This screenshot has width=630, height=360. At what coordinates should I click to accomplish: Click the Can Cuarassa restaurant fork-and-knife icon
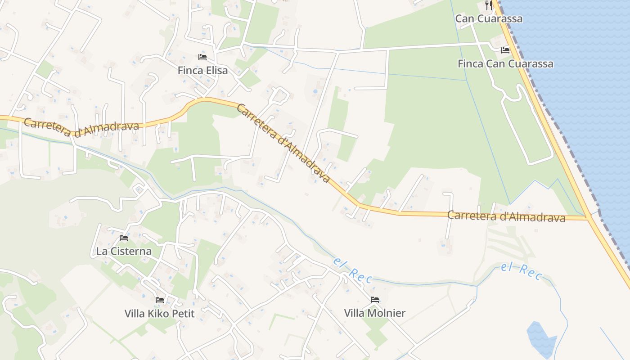click(x=489, y=5)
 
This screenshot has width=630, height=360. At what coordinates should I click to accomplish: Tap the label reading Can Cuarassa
click(x=489, y=18)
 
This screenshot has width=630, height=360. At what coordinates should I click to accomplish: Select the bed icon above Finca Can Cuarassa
click(x=505, y=50)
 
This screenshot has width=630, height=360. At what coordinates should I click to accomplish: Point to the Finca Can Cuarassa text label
click(x=505, y=64)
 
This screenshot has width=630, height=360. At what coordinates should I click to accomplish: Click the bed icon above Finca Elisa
click(x=202, y=57)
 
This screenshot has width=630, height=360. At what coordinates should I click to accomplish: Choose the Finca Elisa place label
click(x=202, y=71)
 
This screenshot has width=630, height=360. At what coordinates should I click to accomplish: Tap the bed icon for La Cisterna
click(x=124, y=238)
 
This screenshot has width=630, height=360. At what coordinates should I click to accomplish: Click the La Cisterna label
click(x=124, y=251)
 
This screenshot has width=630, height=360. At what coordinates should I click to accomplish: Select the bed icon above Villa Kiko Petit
click(x=159, y=300)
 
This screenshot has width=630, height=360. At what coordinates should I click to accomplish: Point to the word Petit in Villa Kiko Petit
click(x=184, y=313)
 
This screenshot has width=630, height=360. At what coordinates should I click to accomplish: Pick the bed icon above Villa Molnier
click(x=375, y=300)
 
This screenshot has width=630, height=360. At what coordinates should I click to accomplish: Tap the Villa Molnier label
click(x=375, y=313)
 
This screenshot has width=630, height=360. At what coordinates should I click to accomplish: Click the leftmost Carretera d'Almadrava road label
click(x=81, y=126)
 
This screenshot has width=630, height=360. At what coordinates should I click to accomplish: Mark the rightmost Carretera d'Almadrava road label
click(x=506, y=216)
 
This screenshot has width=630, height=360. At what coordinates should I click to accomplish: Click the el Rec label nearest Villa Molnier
click(x=353, y=270)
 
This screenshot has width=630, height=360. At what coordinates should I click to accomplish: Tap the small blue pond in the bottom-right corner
click(x=541, y=338)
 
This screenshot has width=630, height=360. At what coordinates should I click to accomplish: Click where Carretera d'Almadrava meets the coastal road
click(x=589, y=218)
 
